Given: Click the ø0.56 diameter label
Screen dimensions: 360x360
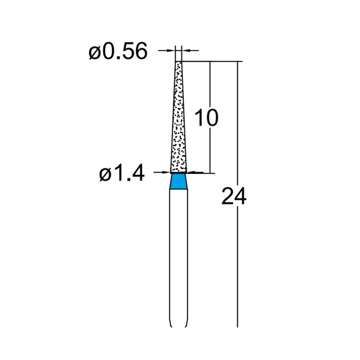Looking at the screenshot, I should pyautogui.click(x=118, y=52).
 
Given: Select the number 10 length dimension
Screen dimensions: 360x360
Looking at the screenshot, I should pyautogui.click(x=206, y=118).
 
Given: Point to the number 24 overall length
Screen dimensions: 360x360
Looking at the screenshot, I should pyautogui.click(x=234, y=197).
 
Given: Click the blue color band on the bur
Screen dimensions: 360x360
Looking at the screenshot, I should pyautogui.click(x=179, y=182).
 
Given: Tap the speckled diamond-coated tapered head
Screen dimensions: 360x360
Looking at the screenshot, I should pyautogui.click(x=179, y=121).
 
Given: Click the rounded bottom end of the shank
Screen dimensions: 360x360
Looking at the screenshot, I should pyautogui.click(x=179, y=325).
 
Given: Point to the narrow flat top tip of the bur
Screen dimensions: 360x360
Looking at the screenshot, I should pyautogui.click(x=179, y=63).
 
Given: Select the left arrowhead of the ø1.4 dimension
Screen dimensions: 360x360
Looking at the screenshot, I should pyautogui.click(x=167, y=172).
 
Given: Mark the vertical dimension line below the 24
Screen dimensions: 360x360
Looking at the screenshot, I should pyautogui.click(x=237, y=270).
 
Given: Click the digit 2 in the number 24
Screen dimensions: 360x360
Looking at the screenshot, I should pyautogui.click(x=228, y=197).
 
